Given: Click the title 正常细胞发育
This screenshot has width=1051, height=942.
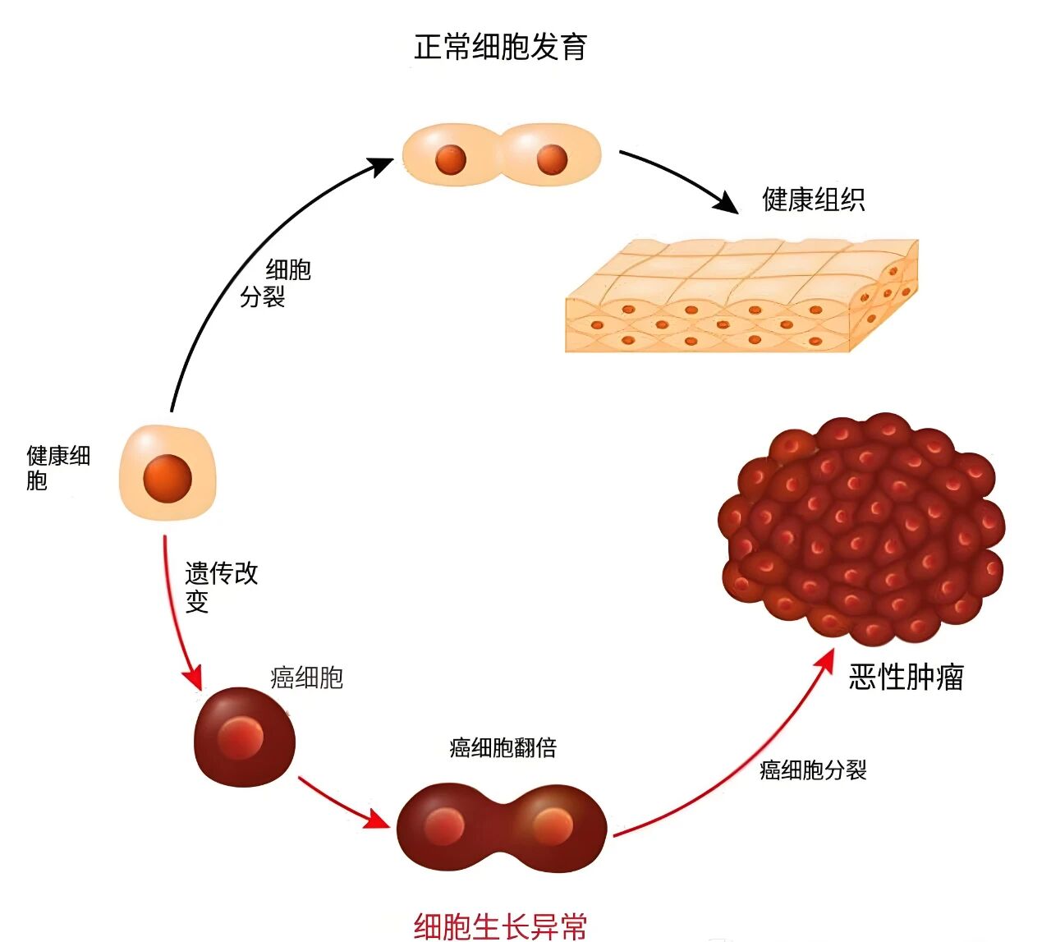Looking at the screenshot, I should click(501, 47).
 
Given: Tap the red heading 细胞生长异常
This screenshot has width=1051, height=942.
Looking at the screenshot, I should click(501, 926).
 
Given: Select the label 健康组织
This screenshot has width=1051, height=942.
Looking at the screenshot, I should click(813, 200).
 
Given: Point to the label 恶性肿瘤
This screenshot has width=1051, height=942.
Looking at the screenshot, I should click(906, 678).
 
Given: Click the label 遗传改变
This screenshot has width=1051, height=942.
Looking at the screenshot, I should click(220, 586).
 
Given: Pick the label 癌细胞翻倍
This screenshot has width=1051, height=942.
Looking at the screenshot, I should click(503, 747).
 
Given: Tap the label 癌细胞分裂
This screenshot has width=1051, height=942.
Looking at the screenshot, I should click(813, 770).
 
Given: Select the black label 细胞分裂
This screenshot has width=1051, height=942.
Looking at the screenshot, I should click(276, 283).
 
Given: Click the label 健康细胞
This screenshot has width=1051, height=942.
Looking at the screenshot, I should click(57, 467).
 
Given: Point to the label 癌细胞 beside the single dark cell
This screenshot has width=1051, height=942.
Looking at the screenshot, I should click(306, 678).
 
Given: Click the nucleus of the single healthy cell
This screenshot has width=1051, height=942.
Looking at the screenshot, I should click(168, 478).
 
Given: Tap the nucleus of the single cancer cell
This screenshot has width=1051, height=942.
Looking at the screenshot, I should click(241, 738).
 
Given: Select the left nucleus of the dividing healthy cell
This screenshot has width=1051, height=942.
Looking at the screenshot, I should click(451, 159).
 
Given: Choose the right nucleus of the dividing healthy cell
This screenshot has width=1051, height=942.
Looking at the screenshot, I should click(552, 159).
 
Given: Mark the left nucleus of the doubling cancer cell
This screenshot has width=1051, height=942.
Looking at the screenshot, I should click(445, 826).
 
